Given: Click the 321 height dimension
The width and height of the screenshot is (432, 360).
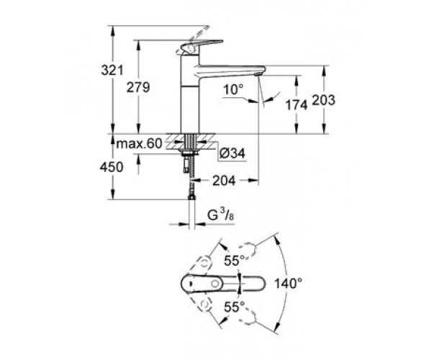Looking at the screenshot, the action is (112, 71).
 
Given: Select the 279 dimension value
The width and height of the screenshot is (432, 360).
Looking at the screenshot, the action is (138, 87).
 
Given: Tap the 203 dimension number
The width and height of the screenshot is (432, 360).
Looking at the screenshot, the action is (323, 100).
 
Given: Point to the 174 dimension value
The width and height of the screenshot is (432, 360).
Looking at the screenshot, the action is (296, 105).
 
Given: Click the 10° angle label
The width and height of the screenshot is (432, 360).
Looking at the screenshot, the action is (233, 89).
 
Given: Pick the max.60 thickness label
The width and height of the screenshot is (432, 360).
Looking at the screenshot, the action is (139, 143).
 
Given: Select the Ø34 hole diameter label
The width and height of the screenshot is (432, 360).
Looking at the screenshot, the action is (233, 153).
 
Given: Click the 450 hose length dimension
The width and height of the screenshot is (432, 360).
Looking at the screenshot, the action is (112, 167).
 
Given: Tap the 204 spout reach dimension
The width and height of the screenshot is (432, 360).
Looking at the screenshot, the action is (224, 181).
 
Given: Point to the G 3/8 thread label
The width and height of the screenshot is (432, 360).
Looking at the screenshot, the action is (220, 215).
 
